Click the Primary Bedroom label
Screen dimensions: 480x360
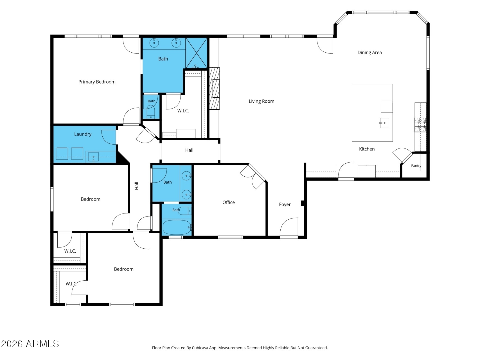coord(97,82)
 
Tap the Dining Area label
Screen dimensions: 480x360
coord(369,53)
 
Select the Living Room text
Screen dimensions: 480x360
coord(261,101)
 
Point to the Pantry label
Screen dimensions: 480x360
coord(416,166)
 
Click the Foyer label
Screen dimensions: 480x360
coord(285,204)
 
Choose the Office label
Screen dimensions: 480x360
coord(228,202)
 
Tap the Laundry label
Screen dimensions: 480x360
coord(83,134)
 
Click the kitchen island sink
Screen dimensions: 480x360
coord(384,123)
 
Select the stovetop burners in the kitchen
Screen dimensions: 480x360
coord(420,125)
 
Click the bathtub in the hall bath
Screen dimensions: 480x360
coord(177,227)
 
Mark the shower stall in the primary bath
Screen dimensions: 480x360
coord(197,53)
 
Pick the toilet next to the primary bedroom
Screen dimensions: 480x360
coord(151,112)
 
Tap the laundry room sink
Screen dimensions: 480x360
coord(93,157)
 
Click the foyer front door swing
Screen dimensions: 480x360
coord(289,227)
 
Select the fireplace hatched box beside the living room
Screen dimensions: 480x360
coord(214,88)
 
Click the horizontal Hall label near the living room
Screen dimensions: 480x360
coord(189,150)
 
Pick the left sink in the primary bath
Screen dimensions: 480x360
coord(154,43)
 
